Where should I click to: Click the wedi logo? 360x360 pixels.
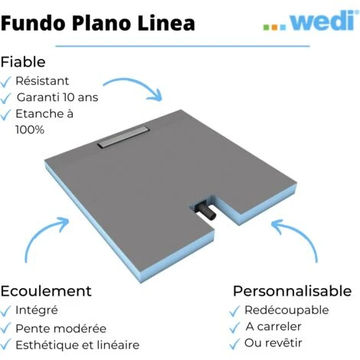click(309, 21)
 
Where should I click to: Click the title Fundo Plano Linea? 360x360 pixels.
click(98, 23)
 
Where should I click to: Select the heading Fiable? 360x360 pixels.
click(23, 62)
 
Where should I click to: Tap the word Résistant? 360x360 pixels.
click(42, 81)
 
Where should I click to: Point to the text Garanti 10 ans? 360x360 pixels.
click(57, 97)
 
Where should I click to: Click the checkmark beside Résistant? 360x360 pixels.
click(5, 82)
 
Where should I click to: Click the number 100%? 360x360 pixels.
click(30, 130)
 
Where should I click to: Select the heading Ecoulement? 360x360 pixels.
click(46, 291)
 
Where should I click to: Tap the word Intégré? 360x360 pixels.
click(37, 310)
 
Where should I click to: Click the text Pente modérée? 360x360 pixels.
click(61, 329)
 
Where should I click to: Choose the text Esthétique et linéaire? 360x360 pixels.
click(77, 345)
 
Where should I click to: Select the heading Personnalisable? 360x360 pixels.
click(293, 291)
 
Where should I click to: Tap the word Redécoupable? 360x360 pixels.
click(286, 310)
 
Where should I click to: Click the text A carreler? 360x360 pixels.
click(273, 326)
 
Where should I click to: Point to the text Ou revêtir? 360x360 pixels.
click(273, 343)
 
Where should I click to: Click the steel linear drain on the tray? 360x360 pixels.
click(123, 136)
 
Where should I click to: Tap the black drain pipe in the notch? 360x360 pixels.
click(206, 211)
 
